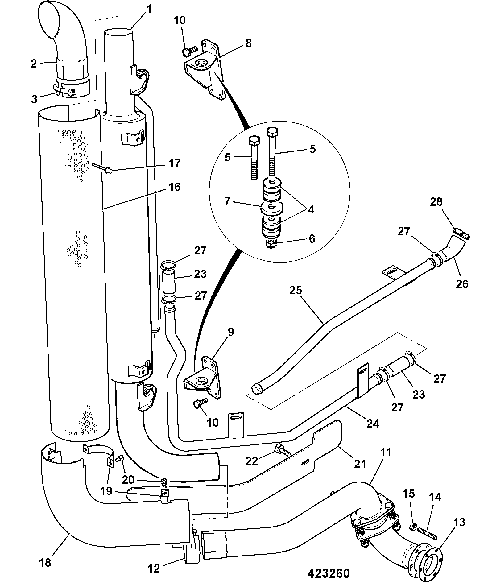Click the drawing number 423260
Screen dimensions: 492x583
(x=329, y=573)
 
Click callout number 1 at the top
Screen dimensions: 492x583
(x=149, y=10)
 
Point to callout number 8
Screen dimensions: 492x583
(x=248, y=43)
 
